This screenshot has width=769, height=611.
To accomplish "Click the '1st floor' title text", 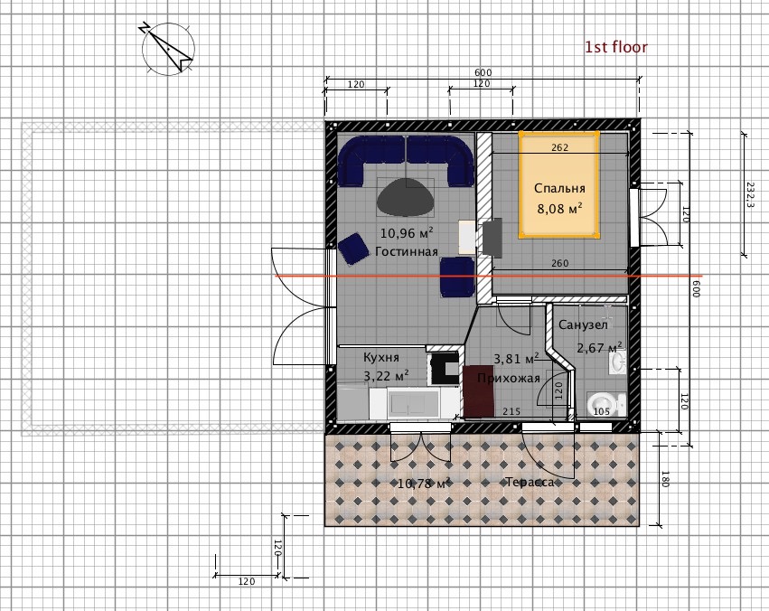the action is click(x=616, y=47).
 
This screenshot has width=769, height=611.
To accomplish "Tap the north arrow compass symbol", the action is click(x=168, y=49).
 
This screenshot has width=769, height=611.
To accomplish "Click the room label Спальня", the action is click(x=559, y=188).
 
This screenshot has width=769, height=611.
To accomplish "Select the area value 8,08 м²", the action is click(x=559, y=209).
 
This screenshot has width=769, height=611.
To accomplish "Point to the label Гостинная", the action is click(x=407, y=251).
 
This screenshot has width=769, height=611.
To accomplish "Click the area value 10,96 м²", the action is click(x=407, y=232).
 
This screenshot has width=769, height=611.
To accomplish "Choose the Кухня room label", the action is click(x=381, y=357).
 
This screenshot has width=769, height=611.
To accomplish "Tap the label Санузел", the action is click(x=583, y=324).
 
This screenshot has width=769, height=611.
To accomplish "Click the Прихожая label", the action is click(x=509, y=378).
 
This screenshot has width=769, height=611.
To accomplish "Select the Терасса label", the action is click(x=530, y=482).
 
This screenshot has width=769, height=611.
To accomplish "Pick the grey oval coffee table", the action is click(x=405, y=197).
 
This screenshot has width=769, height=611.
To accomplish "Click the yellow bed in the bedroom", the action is click(x=559, y=184).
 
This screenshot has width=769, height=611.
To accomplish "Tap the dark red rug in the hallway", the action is click(x=479, y=391).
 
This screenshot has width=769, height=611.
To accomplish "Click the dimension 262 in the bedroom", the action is click(x=559, y=147).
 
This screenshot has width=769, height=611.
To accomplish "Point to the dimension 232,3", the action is click(x=750, y=194).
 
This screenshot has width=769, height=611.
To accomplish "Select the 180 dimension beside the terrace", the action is click(x=665, y=479).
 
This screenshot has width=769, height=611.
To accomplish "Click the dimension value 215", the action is click(x=511, y=411).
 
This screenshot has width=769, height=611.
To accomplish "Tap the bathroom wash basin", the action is click(x=617, y=362).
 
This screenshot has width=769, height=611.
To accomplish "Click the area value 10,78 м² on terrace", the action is click(x=424, y=484).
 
